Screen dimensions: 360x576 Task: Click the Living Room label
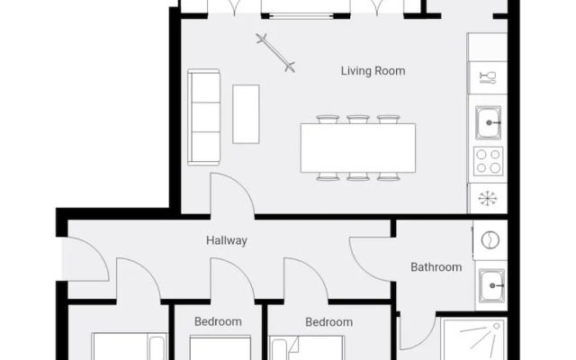pyautogui.click(x=373, y=70)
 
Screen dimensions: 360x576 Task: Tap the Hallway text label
pyautogui.click(x=226, y=240)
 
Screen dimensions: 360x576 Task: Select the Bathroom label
pyautogui.click(x=436, y=266)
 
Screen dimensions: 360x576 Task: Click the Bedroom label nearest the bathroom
pyautogui.click(x=328, y=321)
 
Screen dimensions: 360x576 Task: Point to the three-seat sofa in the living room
pyautogui.click(x=204, y=117)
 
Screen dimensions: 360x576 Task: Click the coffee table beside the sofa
pyautogui.click(x=246, y=114)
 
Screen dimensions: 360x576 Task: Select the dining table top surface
pyautogui.click(x=358, y=148)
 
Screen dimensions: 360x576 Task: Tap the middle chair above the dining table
pyautogui.click(x=358, y=119)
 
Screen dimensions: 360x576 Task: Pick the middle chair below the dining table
pyautogui.click(x=358, y=176)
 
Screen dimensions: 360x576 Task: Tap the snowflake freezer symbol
pyautogui.click(x=489, y=198)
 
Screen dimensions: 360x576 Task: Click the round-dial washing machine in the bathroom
pyautogui.click(x=490, y=240)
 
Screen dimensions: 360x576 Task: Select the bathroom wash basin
pyautogui.click(x=490, y=284)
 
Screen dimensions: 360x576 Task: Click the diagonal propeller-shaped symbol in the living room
pyautogui.click(x=274, y=51)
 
